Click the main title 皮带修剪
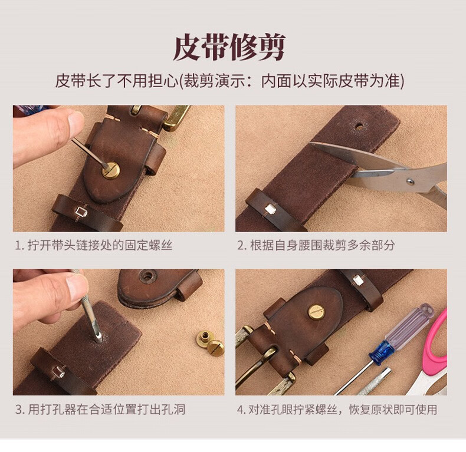229,48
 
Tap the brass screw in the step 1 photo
110,170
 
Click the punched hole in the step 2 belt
359,127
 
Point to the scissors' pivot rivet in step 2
410,181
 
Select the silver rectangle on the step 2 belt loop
270,209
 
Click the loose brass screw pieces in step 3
211,343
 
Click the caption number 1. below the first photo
19,246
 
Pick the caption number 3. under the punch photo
19,410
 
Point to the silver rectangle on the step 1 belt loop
81,212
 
